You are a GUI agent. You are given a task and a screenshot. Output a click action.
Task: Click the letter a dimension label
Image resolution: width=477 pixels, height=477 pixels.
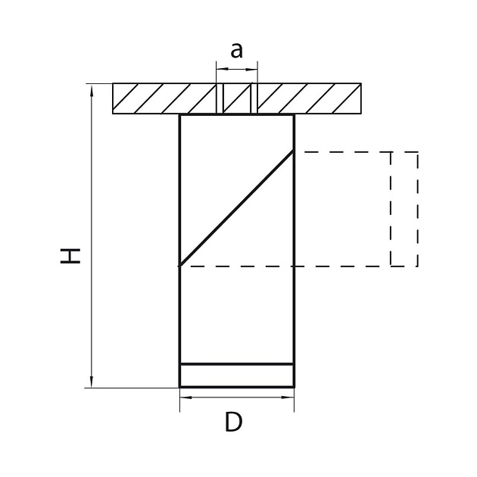tap(237, 51)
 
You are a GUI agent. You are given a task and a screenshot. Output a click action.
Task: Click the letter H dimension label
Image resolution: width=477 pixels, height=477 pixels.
tap(70, 256)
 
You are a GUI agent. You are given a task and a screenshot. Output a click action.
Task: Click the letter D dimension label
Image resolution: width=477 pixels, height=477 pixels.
tap(234, 422)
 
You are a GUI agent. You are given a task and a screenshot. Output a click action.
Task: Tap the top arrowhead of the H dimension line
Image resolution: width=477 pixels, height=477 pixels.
tap(92, 90)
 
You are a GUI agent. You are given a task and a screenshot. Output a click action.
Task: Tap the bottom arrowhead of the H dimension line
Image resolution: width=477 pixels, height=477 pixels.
tap(92, 382)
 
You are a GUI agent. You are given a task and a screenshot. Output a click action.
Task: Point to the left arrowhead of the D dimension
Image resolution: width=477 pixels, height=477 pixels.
tap(186, 397)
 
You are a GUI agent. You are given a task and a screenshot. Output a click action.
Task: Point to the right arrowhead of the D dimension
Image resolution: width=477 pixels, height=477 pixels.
tap(288, 397)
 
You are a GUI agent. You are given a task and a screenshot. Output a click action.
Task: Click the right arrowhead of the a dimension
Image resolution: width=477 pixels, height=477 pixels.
tap(251, 70)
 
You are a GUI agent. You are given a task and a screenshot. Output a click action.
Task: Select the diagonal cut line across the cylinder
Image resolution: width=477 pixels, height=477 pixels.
tap(237, 208)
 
